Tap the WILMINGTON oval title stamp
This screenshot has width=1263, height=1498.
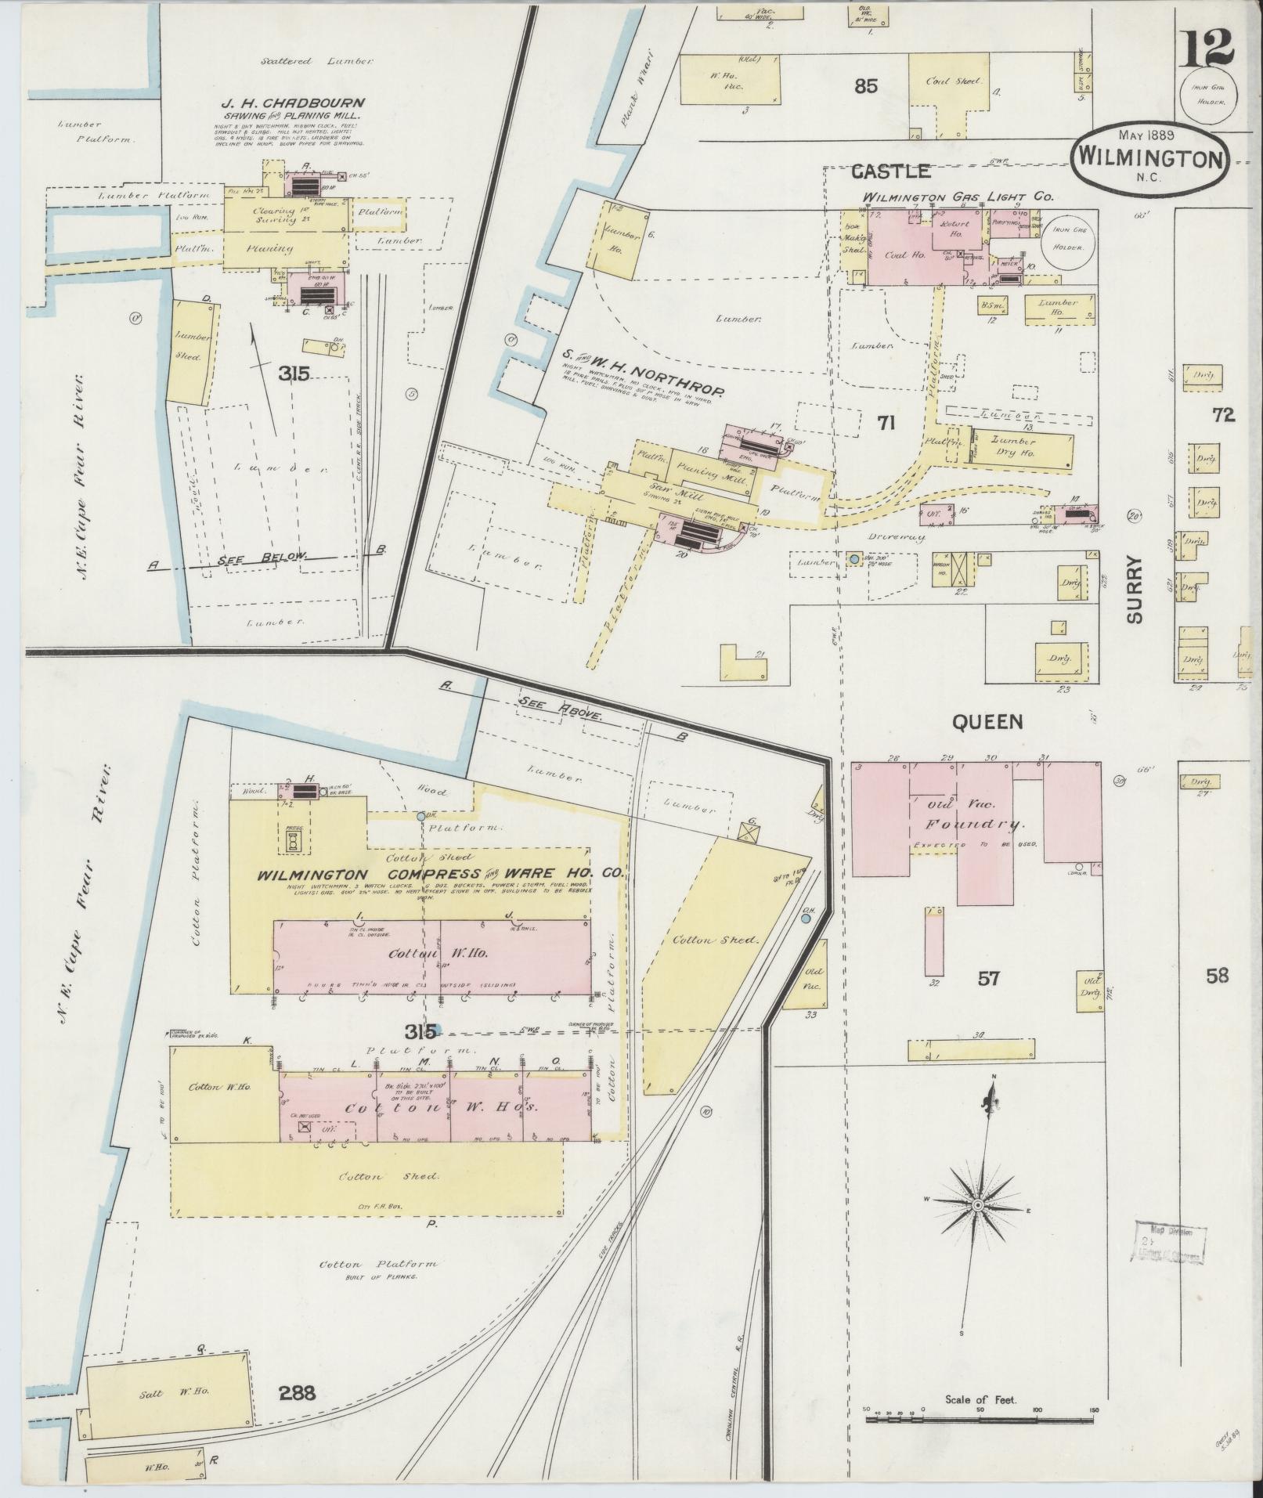(x=1149, y=156)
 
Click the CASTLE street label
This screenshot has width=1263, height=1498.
(x=890, y=171)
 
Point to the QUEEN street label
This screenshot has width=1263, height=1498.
(x=987, y=722)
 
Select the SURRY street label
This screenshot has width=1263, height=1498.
(x=1136, y=588)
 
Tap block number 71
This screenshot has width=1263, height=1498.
(x=886, y=424)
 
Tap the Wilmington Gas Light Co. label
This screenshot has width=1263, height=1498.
(x=958, y=197)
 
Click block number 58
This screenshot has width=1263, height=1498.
(x=1217, y=976)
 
